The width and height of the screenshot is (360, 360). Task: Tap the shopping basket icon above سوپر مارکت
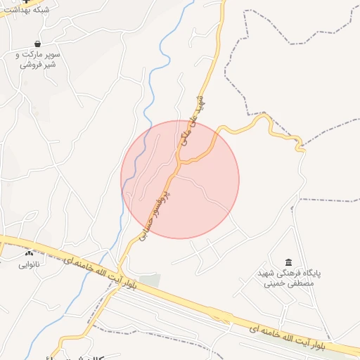coord(37,44)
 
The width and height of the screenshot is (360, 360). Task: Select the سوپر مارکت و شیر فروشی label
coord(39,59)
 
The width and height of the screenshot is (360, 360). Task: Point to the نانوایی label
coord(30,264)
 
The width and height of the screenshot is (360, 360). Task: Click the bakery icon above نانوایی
coord(29,253)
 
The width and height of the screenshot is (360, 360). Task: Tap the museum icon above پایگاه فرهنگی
coord(288,262)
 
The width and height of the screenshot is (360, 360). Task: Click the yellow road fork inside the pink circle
coord(182,162)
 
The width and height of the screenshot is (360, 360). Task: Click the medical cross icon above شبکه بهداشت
coord(27,1)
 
